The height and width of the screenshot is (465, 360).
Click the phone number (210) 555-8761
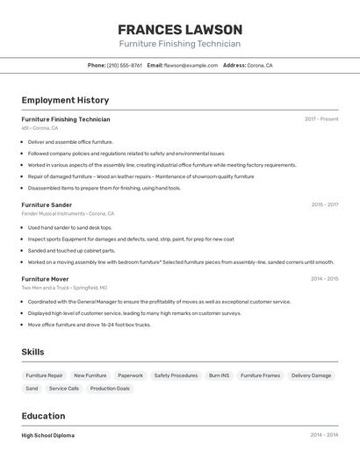(x=124, y=65)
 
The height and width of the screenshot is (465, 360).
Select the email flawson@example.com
(x=191, y=65)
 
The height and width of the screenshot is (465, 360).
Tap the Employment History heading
(x=65, y=100)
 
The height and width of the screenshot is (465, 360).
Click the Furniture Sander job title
(x=47, y=204)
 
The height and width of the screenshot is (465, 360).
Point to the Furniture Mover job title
(x=45, y=279)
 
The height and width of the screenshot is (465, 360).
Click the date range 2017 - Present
(x=321, y=119)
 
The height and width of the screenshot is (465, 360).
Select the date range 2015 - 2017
(x=324, y=204)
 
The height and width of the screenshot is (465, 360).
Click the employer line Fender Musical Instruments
(x=68, y=213)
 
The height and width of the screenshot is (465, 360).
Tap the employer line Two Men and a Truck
(x=64, y=288)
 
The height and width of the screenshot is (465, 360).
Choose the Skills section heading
(x=33, y=352)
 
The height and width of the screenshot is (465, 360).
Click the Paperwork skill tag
(x=130, y=376)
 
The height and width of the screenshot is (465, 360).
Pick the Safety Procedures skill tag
(x=176, y=376)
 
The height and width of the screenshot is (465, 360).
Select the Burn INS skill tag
(x=219, y=376)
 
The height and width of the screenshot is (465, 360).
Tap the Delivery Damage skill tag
(x=311, y=376)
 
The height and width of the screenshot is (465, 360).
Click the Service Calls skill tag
(x=64, y=388)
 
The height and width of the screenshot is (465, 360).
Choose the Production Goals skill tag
(x=110, y=388)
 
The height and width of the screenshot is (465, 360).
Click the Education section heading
(x=44, y=416)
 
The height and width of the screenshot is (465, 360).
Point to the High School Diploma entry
(x=48, y=435)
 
